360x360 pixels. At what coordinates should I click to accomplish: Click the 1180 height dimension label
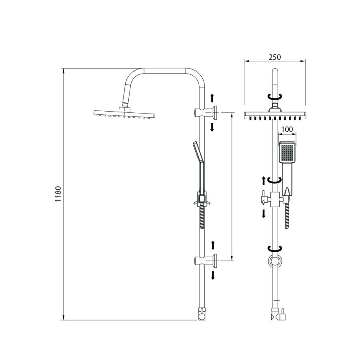pos(58,194)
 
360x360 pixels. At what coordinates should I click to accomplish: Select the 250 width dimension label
pos(274,57)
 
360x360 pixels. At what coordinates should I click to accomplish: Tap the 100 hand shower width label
pos(287,129)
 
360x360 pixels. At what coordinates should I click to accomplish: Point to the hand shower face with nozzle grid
pos(286,152)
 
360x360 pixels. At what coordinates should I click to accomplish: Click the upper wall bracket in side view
pos(206,113)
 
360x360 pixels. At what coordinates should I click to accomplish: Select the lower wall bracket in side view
pos(206,260)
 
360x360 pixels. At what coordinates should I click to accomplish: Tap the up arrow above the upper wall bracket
pos(212,98)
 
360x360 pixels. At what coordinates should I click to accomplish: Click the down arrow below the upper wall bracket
pos(212,128)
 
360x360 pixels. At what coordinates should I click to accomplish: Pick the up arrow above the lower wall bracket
pos(213,245)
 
